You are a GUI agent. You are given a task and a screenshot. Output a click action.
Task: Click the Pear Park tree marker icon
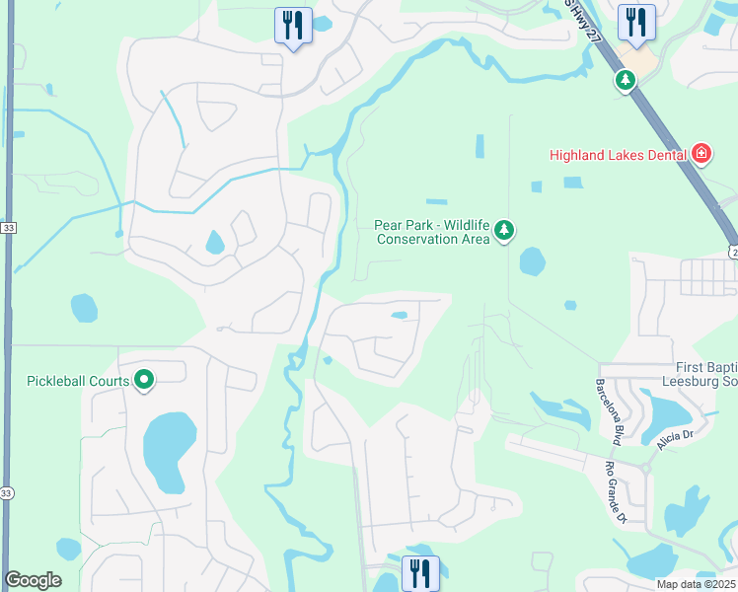coord(504,231)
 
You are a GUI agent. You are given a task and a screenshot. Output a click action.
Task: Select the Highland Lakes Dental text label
coord(618,154)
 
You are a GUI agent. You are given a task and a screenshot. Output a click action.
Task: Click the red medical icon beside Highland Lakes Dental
coord(701,153)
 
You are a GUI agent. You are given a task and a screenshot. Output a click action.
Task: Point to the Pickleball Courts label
coord(78,381)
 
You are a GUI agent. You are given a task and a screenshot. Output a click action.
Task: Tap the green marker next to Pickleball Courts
coord(144,379)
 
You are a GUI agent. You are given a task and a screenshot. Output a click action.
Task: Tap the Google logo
coord(33,580)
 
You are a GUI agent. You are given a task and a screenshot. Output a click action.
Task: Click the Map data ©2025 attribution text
coord(697,584)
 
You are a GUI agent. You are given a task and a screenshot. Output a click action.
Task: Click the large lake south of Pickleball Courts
coord(164,451)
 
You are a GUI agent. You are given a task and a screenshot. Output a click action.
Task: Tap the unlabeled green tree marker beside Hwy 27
coord(626,80)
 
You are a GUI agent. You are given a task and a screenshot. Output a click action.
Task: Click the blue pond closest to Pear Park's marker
coord(532,261)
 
